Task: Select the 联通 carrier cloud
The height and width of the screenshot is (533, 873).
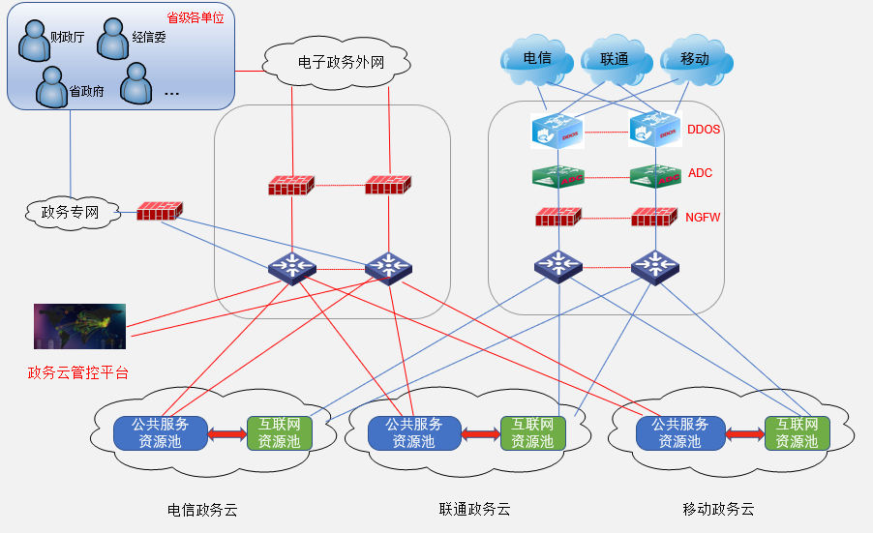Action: (x=615, y=59)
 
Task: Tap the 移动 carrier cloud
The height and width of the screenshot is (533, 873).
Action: (x=694, y=59)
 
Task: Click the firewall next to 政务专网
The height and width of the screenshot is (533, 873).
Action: (x=159, y=210)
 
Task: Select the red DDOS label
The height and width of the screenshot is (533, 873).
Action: (x=704, y=129)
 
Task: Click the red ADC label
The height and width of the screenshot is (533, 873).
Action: (x=700, y=174)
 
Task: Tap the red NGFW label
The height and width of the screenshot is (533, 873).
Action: (x=704, y=219)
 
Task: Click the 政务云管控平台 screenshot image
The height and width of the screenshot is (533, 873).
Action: (x=79, y=326)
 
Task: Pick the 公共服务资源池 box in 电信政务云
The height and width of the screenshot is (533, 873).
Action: (x=161, y=433)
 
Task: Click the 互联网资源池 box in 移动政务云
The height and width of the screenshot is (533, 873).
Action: (x=798, y=433)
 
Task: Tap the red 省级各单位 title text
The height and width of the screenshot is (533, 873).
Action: (x=195, y=18)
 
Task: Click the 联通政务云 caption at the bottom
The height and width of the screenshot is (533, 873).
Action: (x=474, y=509)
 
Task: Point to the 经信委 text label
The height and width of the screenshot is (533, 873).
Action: (x=149, y=38)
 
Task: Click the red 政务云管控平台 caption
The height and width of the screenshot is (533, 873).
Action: (x=77, y=372)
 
